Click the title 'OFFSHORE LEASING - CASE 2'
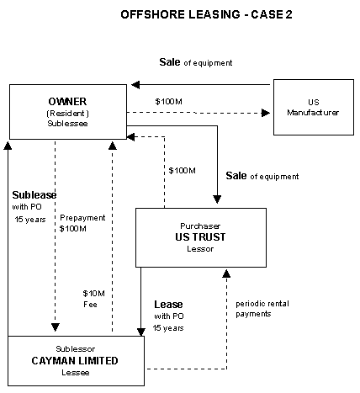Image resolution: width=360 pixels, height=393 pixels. (206, 14)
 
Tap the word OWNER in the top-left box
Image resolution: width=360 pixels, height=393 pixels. (67, 101)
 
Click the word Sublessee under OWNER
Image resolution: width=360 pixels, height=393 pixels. (67, 124)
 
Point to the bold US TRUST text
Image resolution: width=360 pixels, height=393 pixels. (200, 237)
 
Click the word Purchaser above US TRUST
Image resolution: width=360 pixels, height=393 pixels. (200, 226)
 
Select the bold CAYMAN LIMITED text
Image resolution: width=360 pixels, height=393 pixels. (75, 361)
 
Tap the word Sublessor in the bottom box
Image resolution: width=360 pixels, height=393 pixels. (76, 349)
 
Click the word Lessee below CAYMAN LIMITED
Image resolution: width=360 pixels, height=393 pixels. (76, 373)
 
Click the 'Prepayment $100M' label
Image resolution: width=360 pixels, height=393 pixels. (82, 223)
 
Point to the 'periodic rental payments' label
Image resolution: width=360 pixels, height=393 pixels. (262, 309)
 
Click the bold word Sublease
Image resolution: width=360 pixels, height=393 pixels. (34, 195)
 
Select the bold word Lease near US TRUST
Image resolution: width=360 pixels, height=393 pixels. (168, 305)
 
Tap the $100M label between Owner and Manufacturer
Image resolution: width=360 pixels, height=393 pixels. (168, 101)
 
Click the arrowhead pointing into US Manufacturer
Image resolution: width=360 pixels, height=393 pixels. (266, 113)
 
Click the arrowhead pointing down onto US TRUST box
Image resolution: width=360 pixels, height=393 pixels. (217, 199)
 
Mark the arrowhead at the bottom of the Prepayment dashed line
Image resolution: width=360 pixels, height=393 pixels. (56, 327)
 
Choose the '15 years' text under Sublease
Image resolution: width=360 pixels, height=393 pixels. (30, 220)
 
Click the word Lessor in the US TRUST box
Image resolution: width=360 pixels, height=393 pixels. (200, 249)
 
